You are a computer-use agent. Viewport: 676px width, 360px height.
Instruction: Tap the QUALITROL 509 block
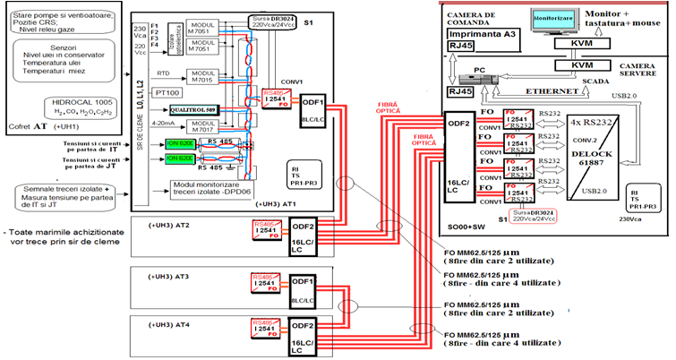click(x=187, y=109)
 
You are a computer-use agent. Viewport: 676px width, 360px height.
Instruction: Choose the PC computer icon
click(x=483, y=77)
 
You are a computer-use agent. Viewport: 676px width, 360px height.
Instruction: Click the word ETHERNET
click(x=548, y=91)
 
